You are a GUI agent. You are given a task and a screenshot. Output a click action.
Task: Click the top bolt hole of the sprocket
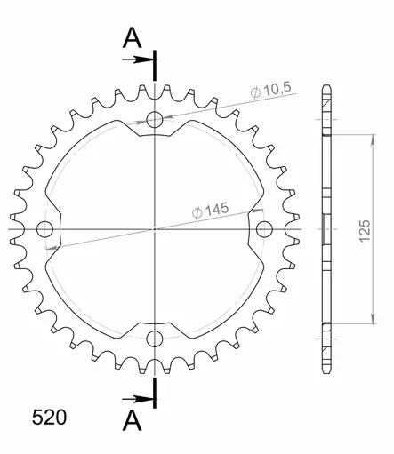(x=155, y=120)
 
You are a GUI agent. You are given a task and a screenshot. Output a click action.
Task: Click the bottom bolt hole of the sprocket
(x=155, y=339)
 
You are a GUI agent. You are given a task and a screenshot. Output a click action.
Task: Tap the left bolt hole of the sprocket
(x=44, y=229)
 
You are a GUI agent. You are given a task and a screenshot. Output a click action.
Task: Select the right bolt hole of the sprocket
(x=264, y=229)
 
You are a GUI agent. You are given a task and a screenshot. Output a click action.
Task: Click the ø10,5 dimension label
(x=271, y=90)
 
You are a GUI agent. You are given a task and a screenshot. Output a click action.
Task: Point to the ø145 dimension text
(x=210, y=210)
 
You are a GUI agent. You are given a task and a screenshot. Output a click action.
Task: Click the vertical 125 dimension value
(x=365, y=231)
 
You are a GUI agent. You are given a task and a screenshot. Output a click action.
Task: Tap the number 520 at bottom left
(x=49, y=418)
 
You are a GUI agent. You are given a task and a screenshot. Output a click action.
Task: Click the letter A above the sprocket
(x=132, y=38)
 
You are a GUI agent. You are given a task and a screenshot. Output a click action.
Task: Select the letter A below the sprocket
(x=132, y=421)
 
